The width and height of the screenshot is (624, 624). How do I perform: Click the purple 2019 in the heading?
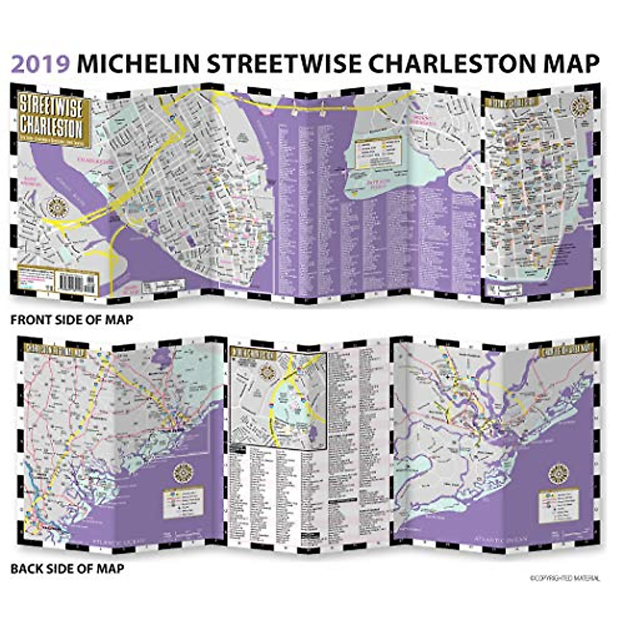tap(41, 63)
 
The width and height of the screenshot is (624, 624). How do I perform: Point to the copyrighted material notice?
tap(565, 578)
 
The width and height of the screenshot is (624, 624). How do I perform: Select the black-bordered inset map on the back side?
tap(279, 396)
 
